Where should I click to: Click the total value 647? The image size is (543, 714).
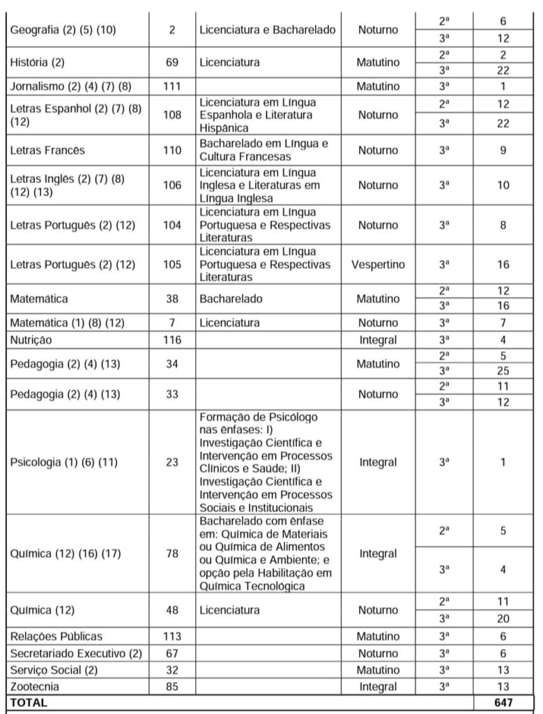[x=503, y=703]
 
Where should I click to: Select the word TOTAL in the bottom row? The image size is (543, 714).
[x=29, y=703]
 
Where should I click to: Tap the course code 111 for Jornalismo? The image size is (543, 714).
[x=171, y=86]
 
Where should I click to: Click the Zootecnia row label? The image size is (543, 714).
[x=34, y=687]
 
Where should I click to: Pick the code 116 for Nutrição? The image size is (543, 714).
[x=171, y=340]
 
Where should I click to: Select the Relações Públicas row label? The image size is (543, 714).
[x=56, y=636]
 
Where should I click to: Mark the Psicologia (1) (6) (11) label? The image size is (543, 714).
[x=59, y=462]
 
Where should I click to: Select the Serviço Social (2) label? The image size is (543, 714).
[x=53, y=669]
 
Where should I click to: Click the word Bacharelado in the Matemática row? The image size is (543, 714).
[x=231, y=298]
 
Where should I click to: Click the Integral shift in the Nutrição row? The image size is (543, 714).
[x=378, y=340]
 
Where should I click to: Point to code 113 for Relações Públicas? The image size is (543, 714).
[x=171, y=636]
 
